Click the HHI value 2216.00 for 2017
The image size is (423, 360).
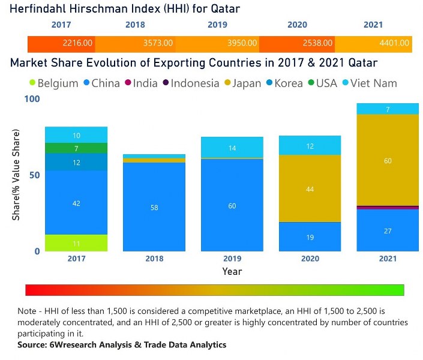click(78, 43)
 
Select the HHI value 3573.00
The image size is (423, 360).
click(158, 43)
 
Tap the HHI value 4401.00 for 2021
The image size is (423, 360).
click(394, 43)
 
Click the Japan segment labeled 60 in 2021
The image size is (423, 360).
click(388, 160)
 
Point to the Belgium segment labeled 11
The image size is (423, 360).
click(76, 243)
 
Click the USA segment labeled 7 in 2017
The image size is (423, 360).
click(76, 148)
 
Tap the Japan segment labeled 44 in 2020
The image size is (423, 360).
click(310, 189)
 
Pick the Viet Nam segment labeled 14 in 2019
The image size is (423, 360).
click(232, 148)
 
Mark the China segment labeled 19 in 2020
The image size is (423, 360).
click(310, 237)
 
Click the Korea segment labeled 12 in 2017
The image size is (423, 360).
click(76, 163)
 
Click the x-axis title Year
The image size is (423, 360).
click(232, 272)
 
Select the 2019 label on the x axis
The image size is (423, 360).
click(232, 259)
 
